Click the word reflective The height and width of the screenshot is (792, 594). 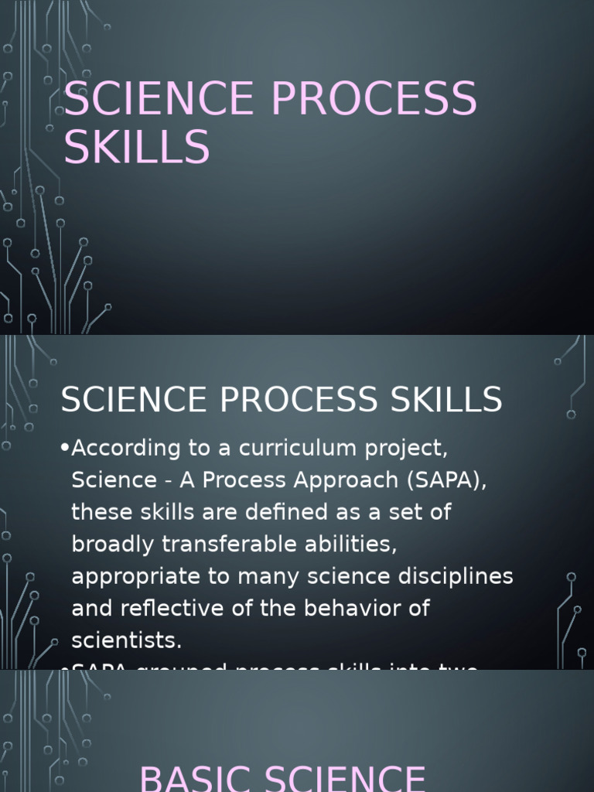click(175, 608)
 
